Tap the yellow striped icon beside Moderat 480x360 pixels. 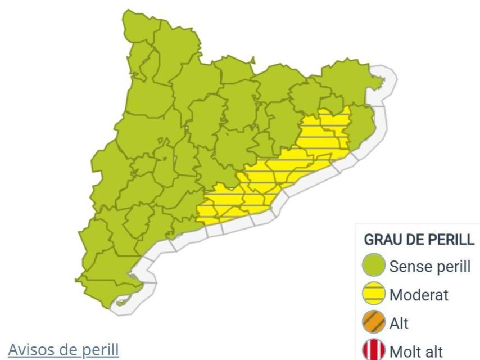tap(374, 295)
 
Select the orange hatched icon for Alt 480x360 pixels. tap(374, 323)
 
